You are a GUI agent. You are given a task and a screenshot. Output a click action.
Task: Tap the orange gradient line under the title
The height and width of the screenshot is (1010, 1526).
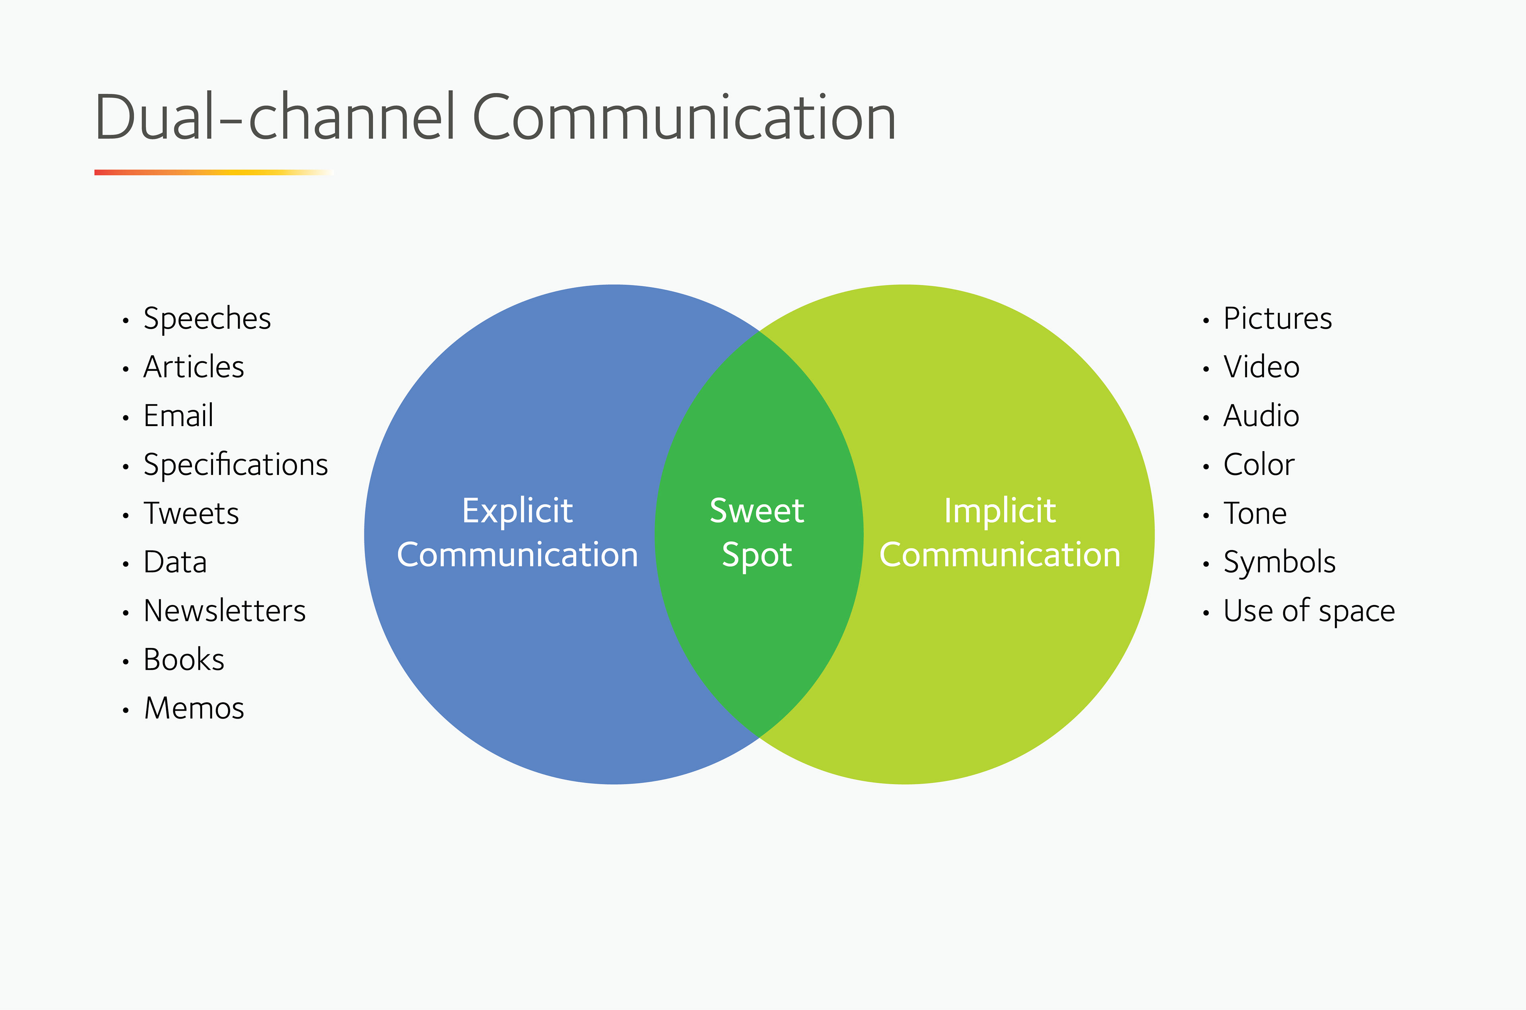coord(213,172)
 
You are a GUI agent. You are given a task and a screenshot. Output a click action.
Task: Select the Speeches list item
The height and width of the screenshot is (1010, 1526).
coord(207,319)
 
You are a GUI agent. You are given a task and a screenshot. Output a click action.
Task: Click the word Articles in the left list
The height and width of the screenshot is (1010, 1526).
coord(193,367)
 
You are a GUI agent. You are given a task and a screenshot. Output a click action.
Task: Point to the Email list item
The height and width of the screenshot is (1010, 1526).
coord(178,416)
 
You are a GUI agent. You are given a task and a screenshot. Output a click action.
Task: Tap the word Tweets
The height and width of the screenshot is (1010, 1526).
coord(191,514)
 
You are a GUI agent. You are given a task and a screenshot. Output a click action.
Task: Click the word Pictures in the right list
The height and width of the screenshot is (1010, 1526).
coord(1278,319)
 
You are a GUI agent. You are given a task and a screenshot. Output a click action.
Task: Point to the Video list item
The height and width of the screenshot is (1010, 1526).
coord(1261,367)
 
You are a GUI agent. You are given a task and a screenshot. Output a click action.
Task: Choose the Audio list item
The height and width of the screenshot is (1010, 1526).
coord(1261,416)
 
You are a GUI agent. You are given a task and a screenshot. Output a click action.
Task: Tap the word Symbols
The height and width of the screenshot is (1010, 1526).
coord(1279,563)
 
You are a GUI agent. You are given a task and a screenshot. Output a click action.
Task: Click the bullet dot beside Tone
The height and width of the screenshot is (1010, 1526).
coord(1206,515)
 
